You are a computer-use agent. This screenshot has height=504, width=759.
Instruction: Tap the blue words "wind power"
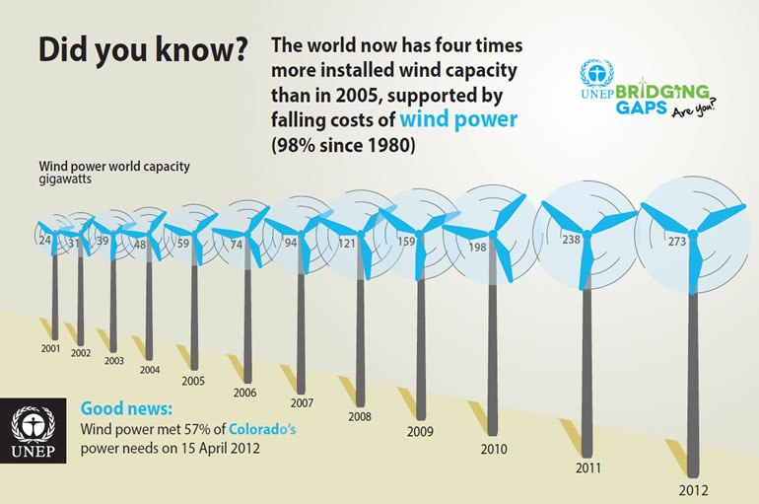458,120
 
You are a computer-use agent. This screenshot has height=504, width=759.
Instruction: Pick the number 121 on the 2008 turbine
346,243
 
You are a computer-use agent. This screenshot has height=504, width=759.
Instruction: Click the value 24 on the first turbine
45,239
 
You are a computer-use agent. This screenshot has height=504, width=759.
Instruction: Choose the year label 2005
194,381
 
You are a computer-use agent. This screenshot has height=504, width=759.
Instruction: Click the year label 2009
420,430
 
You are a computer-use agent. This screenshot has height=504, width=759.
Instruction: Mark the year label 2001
51,348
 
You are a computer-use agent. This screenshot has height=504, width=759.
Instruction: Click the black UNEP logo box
34,432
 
